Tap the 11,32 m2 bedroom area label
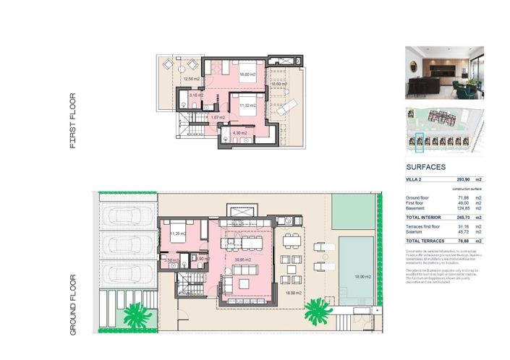click(x=248, y=106)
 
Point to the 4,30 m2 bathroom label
click(x=239, y=133)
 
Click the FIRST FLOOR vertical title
click(x=73, y=121)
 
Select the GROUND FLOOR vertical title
click(x=73, y=303)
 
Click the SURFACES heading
click(x=430, y=166)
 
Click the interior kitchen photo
click(x=444, y=72)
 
